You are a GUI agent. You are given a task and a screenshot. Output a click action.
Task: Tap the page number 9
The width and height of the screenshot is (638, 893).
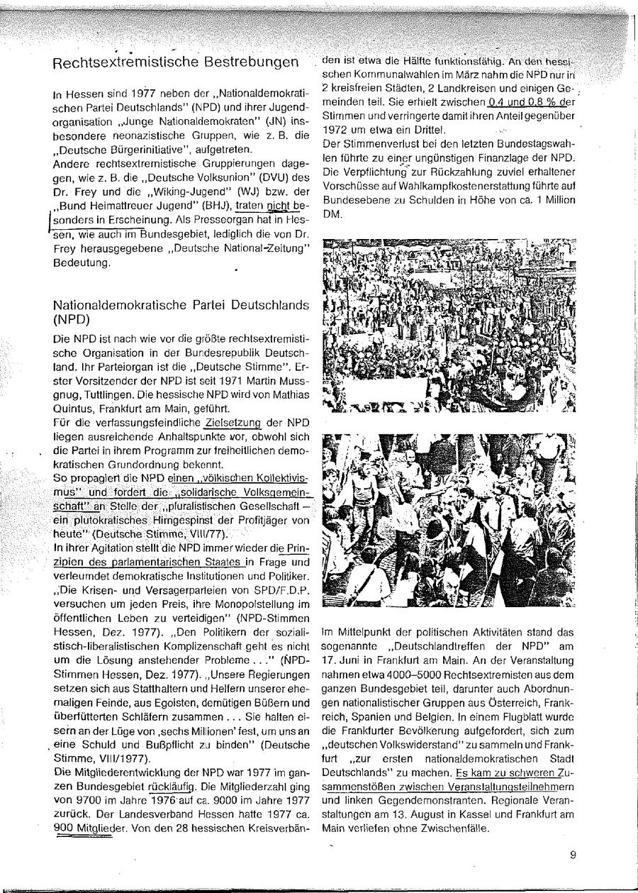pyautogui.click(x=572, y=854)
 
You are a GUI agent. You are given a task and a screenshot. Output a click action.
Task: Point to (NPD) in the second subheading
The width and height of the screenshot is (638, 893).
pyautogui.click(x=68, y=319)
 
